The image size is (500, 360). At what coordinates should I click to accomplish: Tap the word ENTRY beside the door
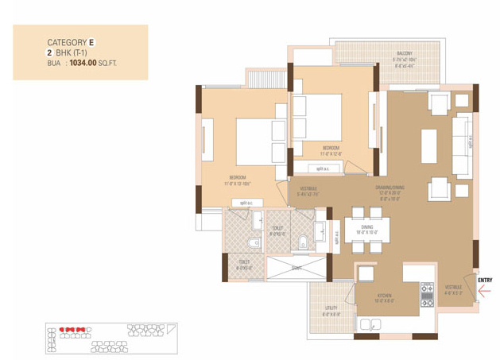tap(484, 280)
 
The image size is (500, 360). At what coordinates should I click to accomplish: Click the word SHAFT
tap(296, 268)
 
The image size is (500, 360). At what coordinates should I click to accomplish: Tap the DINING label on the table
tap(366, 226)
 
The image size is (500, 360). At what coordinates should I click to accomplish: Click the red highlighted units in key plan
tap(73, 327)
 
